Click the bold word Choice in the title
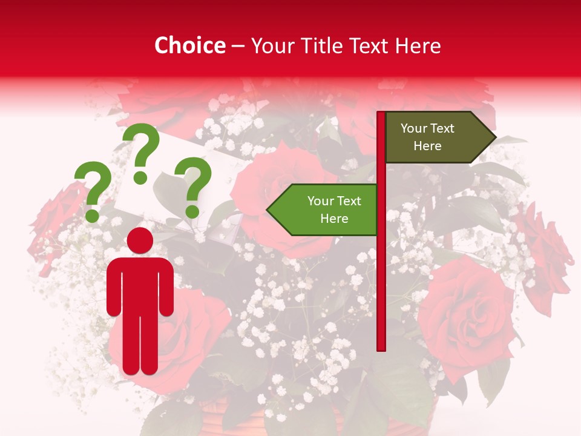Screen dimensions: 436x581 click(189, 46)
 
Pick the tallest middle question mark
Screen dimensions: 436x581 click(142, 151)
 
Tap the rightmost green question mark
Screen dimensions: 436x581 click(194, 185)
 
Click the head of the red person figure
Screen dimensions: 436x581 click(140, 240)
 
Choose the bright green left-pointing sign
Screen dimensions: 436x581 click(327, 210)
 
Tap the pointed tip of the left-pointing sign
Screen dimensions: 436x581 click(269, 210)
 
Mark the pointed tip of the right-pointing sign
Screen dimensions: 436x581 click(494, 137)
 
